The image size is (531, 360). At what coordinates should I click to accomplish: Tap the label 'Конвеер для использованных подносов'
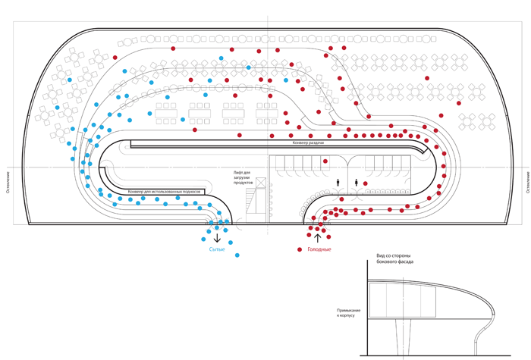click(x=165, y=191)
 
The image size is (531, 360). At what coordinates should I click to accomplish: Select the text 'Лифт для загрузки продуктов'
click(x=243, y=177)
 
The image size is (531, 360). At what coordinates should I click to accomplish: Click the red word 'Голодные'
click(x=319, y=249)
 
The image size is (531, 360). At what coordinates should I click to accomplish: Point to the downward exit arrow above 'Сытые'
click(x=217, y=238)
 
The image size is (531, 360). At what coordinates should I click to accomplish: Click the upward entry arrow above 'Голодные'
click(x=318, y=238)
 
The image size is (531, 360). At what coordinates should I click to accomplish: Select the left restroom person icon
click(x=338, y=182)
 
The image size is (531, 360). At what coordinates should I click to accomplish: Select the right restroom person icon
click(x=357, y=182)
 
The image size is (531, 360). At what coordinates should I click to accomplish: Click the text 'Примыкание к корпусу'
click(x=347, y=314)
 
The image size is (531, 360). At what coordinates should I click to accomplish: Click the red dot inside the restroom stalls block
click(x=325, y=161)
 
